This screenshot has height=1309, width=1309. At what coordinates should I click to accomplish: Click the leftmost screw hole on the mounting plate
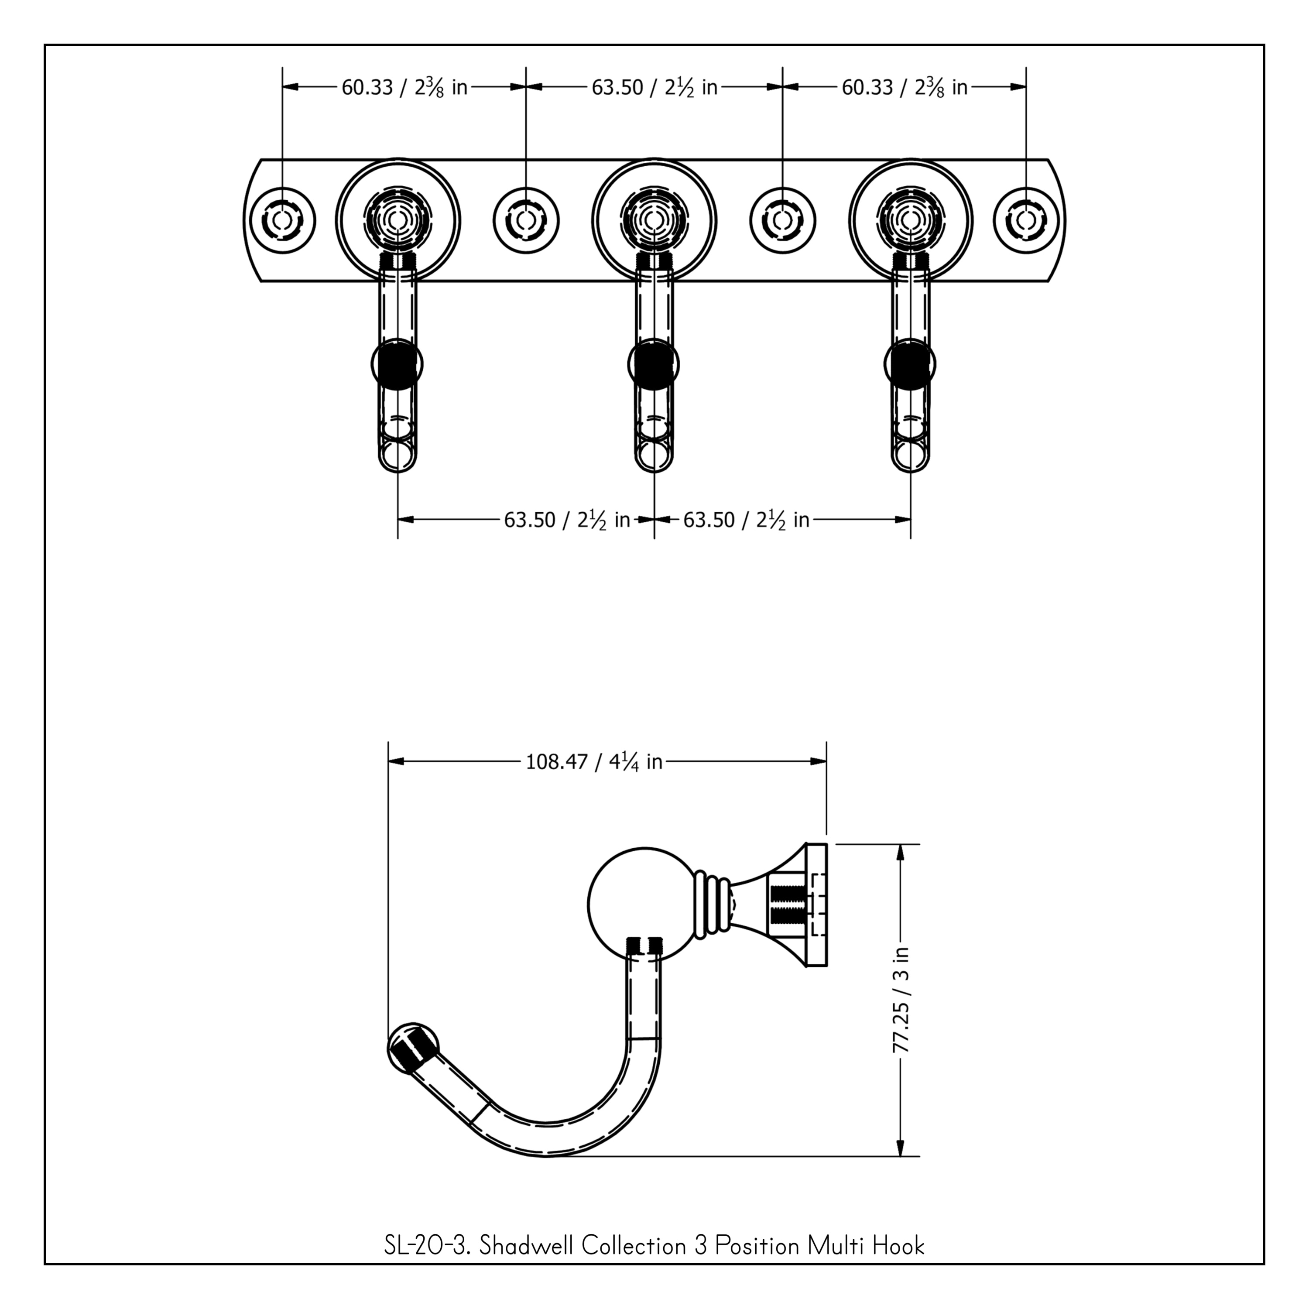click(x=283, y=221)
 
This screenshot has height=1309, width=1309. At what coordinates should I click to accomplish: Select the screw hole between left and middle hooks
click(x=526, y=221)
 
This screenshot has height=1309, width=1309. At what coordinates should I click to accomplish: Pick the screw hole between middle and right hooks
click(x=782, y=221)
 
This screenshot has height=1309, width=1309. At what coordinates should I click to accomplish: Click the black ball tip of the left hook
click(x=397, y=364)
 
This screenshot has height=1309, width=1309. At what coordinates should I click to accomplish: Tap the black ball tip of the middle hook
click(x=654, y=364)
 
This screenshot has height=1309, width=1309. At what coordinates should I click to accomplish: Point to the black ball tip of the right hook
click(x=910, y=364)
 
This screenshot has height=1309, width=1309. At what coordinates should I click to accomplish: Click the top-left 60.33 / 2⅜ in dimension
click(x=404, y=87)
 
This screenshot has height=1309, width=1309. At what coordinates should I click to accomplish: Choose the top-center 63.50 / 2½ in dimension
click(x=654, y=87)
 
